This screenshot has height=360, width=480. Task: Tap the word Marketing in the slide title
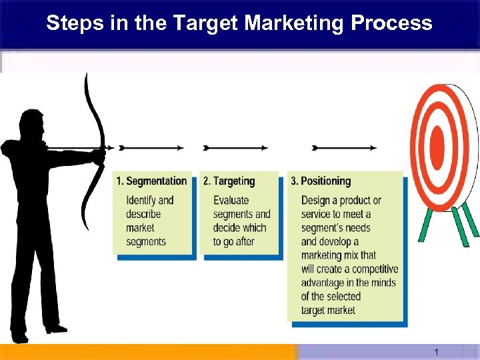click(x=295, y=23)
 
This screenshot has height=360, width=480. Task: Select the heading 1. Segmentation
click(x=151, y=181)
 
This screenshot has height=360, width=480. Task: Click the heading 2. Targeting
click(x=229, y=181)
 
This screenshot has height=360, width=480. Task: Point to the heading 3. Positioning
click(x=321, y=181)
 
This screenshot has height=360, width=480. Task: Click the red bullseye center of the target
click(x=437, y=144)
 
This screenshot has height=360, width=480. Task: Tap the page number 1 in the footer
click(x=436, y=352)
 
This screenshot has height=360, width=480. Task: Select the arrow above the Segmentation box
click(x=150, y=147)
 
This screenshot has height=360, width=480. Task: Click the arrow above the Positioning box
click(x=344, y=147)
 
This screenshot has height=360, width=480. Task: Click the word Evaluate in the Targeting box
click(x=231, y=200)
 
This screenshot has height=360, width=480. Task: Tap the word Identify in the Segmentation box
click(x=141, y=200)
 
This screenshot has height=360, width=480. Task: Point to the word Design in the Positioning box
click(x=316, y=200)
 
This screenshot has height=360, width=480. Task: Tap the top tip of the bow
click(x=86, y=75)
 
